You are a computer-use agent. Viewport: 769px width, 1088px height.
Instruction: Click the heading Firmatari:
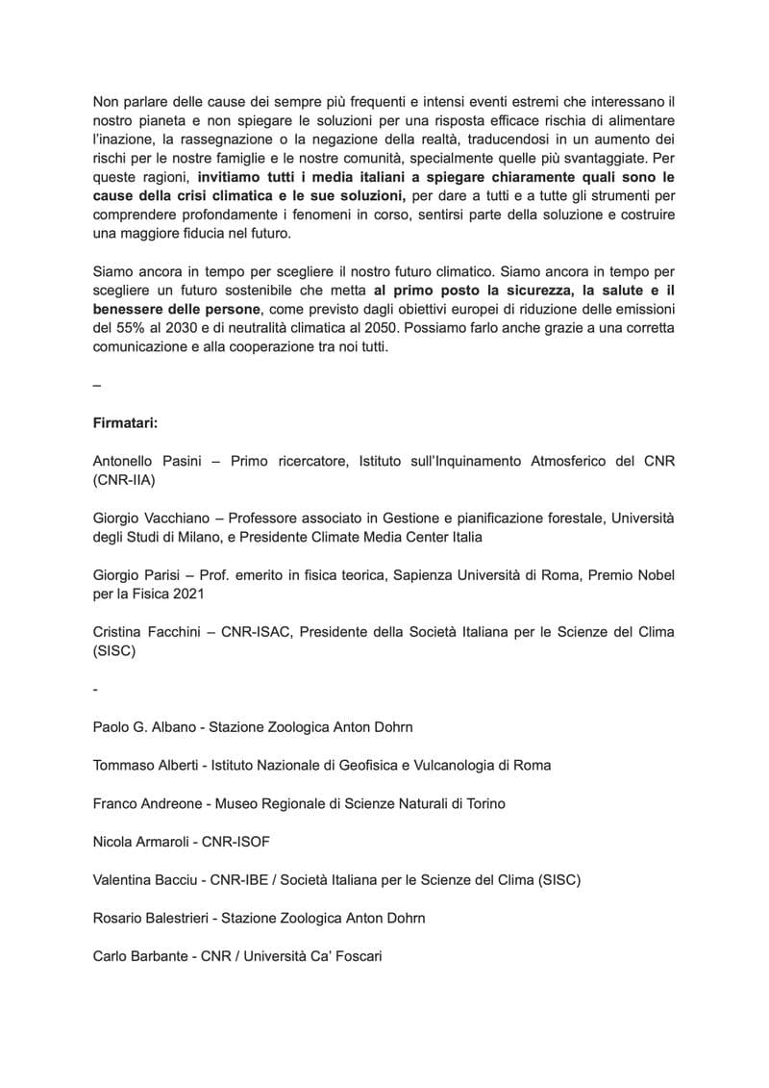tap(124, 422)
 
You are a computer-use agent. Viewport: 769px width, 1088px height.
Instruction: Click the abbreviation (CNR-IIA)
tap(125, 479)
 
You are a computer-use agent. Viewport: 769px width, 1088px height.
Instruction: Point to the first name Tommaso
tap(125, 765)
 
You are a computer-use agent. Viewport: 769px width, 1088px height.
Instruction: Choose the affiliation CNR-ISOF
tap(236, 842)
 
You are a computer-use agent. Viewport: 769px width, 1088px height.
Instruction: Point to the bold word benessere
tap(131, 309)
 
